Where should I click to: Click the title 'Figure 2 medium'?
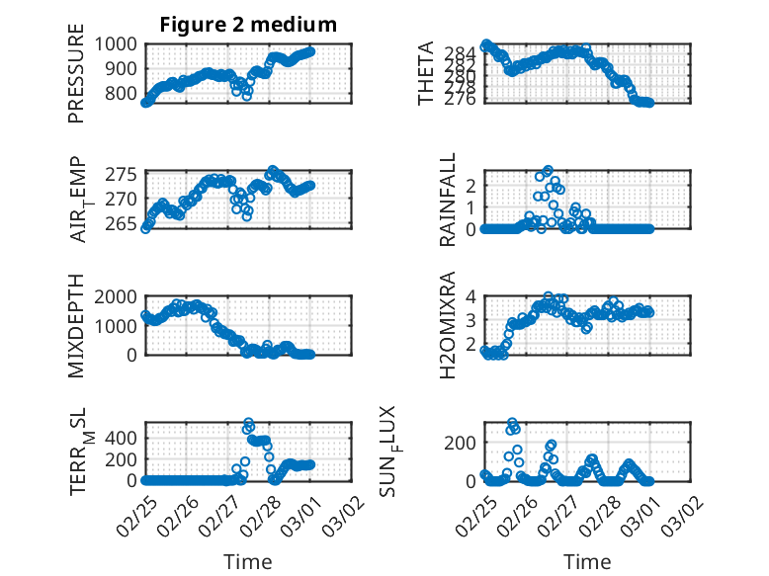pyautogui.click(x=248, y=25)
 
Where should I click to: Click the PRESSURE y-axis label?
pyautogui.click(x=76, y=80)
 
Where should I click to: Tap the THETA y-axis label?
pyautogui.click(x=426, y=74)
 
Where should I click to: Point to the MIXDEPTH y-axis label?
pyautogui.click(x=76, y=326)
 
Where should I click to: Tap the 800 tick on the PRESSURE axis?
pyautogui.click(x=124, y=94)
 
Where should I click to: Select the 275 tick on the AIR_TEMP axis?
pyautogui.click(x=124, y=175)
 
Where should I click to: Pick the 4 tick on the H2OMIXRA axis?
pyautogui.click(x=472, y=296)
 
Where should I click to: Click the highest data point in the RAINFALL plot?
pyautogui.click(x=548, y=170)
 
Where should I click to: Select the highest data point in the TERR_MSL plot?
pyautogui.click(x=248, y=423)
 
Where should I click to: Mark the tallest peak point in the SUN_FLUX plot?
pyautogui.click(x=512, y=423)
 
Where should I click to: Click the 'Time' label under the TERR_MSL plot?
pyautogui.click(x=248, y=562)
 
